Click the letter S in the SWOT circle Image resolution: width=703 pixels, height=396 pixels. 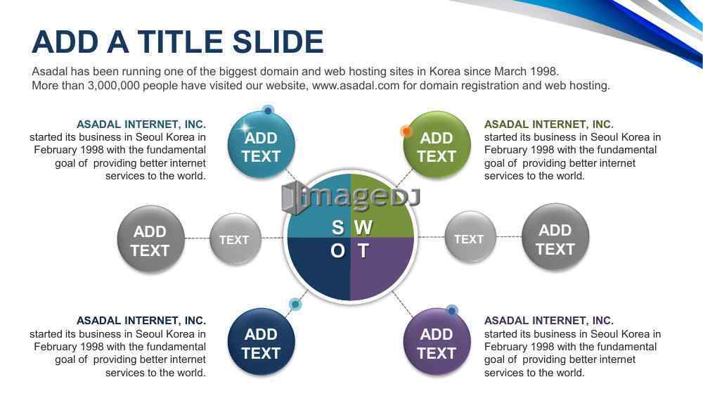tap(337, 228)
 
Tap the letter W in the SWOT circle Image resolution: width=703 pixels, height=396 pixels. tap(363, 228)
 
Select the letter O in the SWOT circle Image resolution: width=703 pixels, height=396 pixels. tap(337, 250)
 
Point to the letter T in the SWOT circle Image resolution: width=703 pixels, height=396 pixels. tap(363, 250)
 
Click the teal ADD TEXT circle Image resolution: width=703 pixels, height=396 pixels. tap(262, 146)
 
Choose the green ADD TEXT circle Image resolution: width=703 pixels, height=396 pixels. tap(437, 146)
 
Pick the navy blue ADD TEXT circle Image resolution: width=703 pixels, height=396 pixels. tap(262, 342)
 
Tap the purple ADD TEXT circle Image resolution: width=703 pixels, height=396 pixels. tap(437, 342)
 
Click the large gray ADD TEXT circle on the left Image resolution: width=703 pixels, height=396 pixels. tap(150, 239)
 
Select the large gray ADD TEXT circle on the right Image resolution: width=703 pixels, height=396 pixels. tap(555, 238)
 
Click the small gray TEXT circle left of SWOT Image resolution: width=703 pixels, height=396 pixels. tap(236, 239)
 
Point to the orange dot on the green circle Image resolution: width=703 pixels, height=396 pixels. tap(406, 131)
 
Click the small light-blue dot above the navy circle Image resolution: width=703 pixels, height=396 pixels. tap(295, 305)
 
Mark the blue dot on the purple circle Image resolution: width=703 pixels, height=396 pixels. tap(452, 310)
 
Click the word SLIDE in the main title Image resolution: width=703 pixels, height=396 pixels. tap(278, 41)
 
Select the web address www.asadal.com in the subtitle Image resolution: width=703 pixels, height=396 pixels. tap(356, 85)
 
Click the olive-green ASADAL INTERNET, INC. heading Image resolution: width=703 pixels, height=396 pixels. tap(549, 124)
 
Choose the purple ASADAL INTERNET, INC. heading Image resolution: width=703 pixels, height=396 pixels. tap(549, 321)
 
